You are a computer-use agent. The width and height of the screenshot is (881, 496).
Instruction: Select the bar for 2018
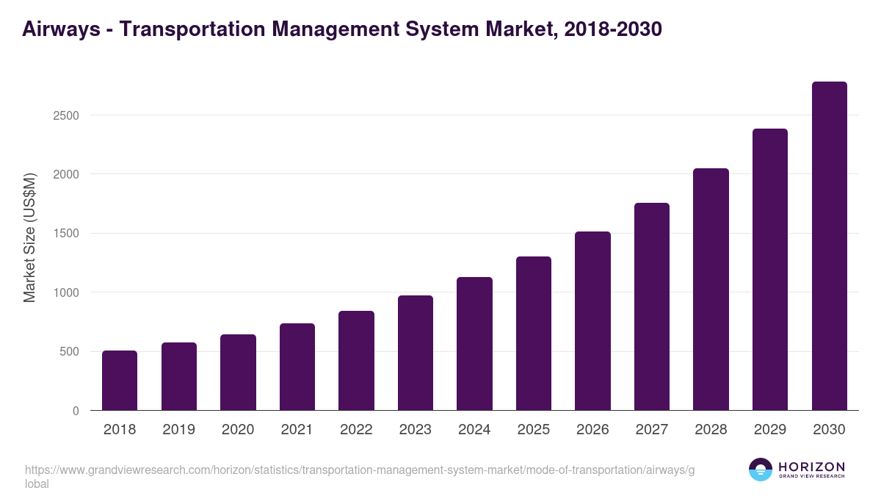click(120, 381)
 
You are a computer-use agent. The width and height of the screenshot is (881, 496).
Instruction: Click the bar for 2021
click(297, 367)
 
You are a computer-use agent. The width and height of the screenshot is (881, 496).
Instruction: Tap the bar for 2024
click(474, 344)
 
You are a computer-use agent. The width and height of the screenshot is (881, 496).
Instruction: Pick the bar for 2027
click(652, 306)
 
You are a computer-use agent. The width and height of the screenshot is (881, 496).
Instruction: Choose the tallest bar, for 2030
click(829, 246)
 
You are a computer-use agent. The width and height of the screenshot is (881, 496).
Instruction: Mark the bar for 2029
click(770, 270)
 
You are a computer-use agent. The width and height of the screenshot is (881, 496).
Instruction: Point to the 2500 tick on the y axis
click(65, 115)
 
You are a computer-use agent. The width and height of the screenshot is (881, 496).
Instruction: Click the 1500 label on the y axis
click(65, 234)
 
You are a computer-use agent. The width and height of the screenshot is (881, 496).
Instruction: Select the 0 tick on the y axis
click(75, 411)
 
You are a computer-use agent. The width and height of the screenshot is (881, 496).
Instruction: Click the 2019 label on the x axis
click(178, 430)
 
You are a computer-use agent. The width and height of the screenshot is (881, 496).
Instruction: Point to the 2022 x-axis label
click(356, 430)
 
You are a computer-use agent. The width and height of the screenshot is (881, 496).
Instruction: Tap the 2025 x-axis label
click(533, 430)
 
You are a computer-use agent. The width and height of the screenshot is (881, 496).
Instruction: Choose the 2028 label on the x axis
click(711, 430)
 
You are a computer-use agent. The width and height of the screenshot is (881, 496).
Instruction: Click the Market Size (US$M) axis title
click(29, 237)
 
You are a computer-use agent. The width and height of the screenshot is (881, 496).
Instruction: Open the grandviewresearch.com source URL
click(360, 470)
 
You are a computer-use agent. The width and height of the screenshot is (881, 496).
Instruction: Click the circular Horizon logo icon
click(760, 470)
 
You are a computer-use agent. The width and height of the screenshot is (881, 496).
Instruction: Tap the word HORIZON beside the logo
click(811, 466)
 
